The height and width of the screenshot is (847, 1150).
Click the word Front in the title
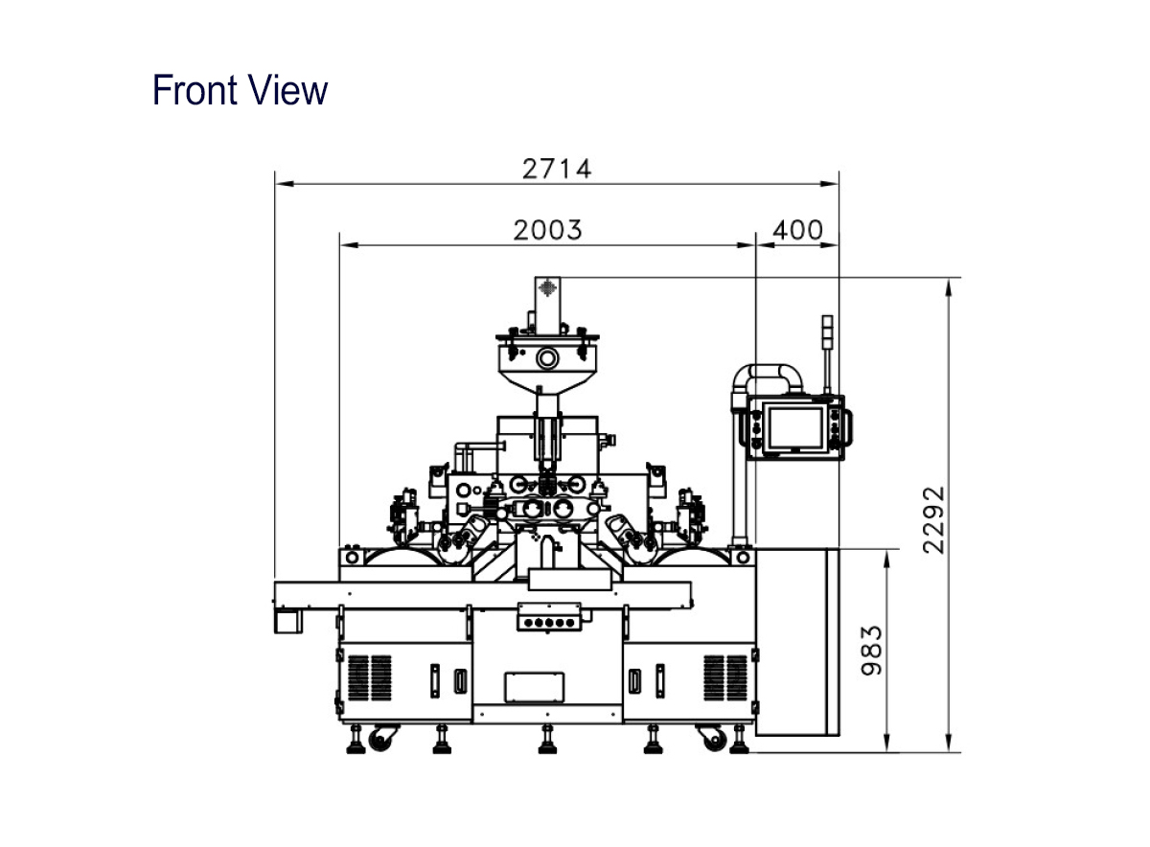pos(195,90)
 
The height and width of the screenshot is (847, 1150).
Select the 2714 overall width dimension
pos(557,169)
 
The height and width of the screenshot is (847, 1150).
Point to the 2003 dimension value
pos(548,230)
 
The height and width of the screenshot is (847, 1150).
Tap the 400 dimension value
pos(797,230)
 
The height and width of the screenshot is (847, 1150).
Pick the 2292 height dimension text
pos(933,520)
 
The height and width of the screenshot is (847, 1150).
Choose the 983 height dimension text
pos(872,651)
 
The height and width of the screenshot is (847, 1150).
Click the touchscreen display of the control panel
pos(795,428)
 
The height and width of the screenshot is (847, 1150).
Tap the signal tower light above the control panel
pos(827,330)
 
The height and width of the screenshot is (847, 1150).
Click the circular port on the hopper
pos(547,357)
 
